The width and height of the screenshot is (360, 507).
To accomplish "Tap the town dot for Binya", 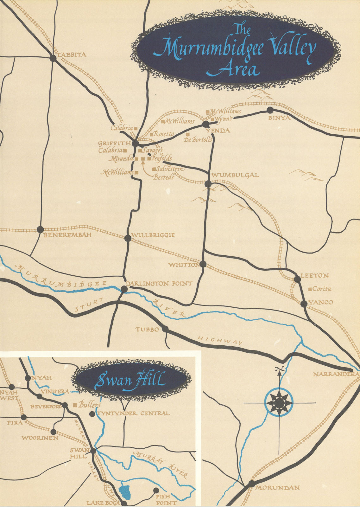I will coord(270,110).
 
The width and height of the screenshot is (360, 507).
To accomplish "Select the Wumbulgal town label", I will coord(235,175).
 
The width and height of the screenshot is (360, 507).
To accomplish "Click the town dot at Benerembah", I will coord(40,229).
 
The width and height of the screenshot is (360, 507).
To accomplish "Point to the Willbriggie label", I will coord(153,235).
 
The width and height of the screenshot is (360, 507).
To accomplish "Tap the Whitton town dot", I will coord(203,264).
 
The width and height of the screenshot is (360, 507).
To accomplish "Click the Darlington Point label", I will coord(159,283).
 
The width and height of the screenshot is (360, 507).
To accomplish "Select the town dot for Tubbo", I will coord(165,329).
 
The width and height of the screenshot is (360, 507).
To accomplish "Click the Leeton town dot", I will coord(297,279).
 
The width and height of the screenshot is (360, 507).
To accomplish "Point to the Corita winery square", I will coord(310,289).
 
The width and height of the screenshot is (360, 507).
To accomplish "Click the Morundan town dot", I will coord(251,484).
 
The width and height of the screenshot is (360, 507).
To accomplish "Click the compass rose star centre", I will coord(279,403).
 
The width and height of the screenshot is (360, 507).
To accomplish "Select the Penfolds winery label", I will coord(162,158).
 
